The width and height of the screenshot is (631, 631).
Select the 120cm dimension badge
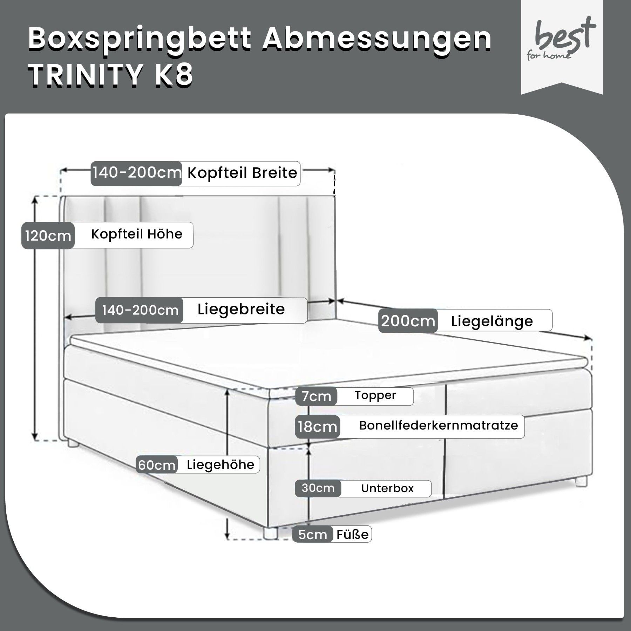[48, 236]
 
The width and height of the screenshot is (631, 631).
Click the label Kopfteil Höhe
[137, 234]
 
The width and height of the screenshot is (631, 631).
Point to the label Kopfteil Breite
[242, 172]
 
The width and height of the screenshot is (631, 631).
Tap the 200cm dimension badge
[408, 321]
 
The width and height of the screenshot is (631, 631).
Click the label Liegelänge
[492, 321]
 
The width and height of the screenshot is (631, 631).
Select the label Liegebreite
[241, 309]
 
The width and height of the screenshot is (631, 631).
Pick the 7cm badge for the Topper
[316, 396]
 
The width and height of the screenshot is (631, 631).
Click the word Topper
[375, 395]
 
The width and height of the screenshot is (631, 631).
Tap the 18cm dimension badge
[318, 427]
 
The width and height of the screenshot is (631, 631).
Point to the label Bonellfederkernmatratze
[439, 426]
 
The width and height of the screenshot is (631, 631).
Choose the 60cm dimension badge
[157, 465]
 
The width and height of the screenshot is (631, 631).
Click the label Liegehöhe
[220, 465]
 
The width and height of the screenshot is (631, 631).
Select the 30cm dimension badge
[318, 488]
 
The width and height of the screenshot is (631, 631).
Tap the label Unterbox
[387, 488]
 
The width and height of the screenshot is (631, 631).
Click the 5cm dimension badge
[313, 535]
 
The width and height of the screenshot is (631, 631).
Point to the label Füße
[353, 534]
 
